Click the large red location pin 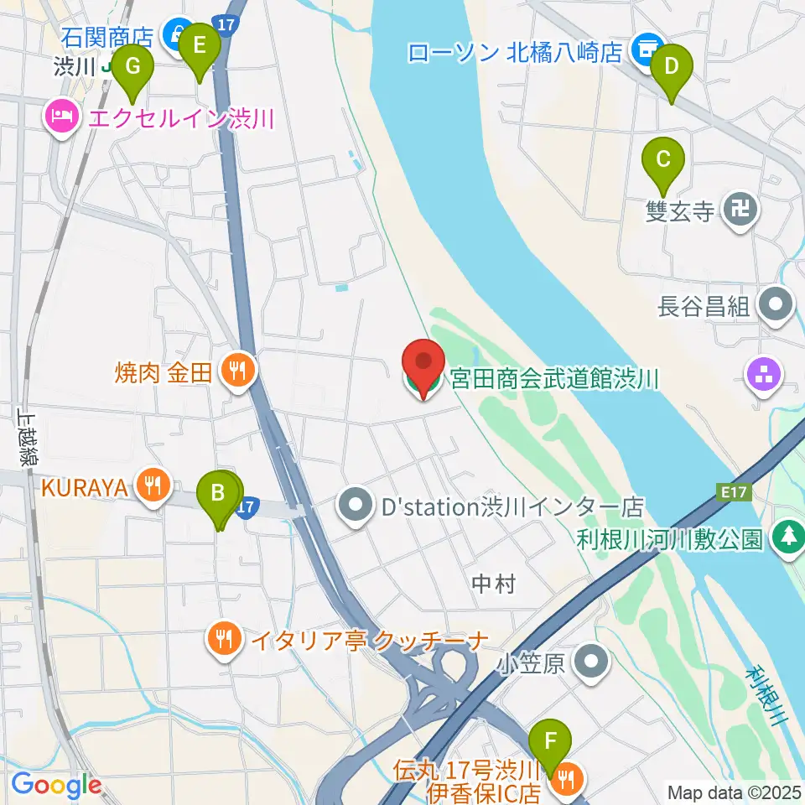(424, 366)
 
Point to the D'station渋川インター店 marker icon (356, 506)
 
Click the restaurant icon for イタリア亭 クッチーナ (222, 641)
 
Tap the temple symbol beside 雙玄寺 (740, 209)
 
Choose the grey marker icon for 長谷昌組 (776, 305)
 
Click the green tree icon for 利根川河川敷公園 (788, 538)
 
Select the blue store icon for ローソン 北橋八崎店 (647, 50)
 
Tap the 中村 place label (493, 584)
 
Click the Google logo (57, 785)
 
